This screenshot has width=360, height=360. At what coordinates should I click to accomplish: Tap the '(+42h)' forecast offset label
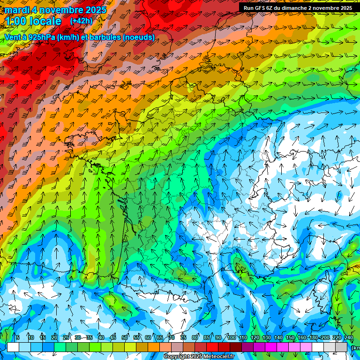pyautogui.click(x=81, y=21)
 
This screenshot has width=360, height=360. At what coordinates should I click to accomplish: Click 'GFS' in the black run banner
pyautogui.click(x=262, y=8)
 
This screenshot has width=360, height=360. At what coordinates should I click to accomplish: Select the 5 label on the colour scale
pyautogui.click(x=18, y=338)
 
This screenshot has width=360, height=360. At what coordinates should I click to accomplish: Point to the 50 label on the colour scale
pyautogui.click(x=125, y=338)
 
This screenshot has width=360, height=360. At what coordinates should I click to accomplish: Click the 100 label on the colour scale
pyautogui.click(x=232, y=338)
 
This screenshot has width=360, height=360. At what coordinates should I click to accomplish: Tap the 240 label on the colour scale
pyautogui.click(x=349, y=338)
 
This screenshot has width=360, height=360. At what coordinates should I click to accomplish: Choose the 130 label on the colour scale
pyautogui.click(x=267, y=338)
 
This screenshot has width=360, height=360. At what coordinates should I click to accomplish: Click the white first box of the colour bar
pyautogui.click(x=13, y=347)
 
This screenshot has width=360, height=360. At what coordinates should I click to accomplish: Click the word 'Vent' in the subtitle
pyautogui.click(x=13, y=37)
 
